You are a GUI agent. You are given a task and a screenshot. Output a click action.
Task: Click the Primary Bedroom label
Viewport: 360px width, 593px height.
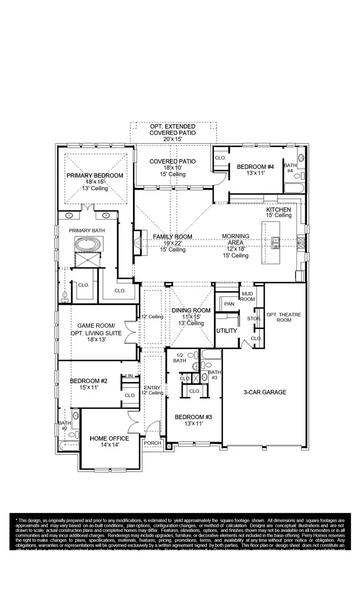coord(95,176)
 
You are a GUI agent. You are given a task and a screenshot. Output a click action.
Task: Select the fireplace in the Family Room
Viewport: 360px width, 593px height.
coord(138,242)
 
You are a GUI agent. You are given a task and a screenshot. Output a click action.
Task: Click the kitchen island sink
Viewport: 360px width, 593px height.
coord(276,241)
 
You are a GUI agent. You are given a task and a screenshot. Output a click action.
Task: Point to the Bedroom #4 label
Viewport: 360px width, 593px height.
coord(255,167)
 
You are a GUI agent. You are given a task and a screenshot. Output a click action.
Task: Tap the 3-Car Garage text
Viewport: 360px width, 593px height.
coord(265,392)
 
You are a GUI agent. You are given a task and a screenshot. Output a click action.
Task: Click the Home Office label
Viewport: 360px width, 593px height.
coord(109,438)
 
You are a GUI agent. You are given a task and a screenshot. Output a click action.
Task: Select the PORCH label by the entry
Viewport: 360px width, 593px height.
coord(152,443)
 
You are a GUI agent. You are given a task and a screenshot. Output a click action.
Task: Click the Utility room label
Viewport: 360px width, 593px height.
coord(227,330)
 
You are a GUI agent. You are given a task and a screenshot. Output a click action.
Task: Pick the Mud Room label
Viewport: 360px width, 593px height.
coord(247,296)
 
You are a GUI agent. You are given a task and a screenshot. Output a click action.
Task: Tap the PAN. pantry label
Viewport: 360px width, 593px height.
coord(229,304)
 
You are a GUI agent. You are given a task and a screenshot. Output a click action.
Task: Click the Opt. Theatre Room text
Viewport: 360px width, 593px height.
coord(284,317)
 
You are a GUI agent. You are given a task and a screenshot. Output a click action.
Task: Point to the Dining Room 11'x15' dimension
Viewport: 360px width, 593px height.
coord(191,317)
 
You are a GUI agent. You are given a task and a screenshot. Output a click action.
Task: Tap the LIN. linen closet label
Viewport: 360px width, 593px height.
coord(129,375)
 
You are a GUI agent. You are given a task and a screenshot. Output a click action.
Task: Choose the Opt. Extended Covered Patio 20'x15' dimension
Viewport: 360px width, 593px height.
coord(172,139)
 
